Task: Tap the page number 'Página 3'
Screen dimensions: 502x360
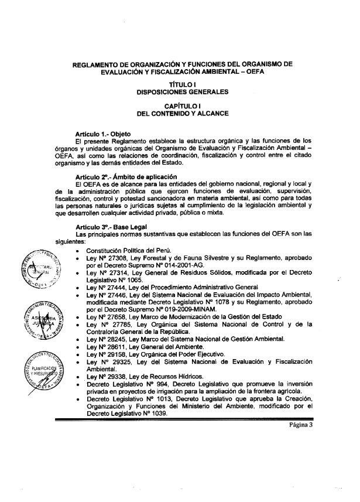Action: pyautogui.click(x=321, y=426)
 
